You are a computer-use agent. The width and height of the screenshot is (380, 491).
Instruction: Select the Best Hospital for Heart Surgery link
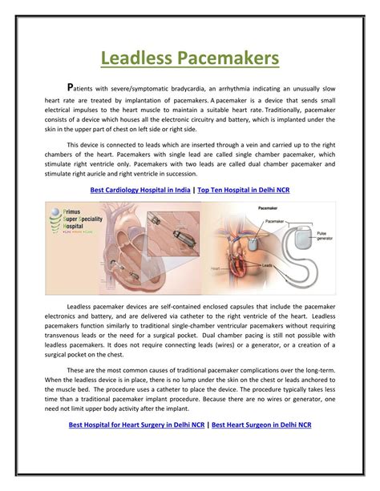click(x=137, y=425)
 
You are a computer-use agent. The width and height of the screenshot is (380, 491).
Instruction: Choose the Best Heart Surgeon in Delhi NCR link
click(x=261, y=425)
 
